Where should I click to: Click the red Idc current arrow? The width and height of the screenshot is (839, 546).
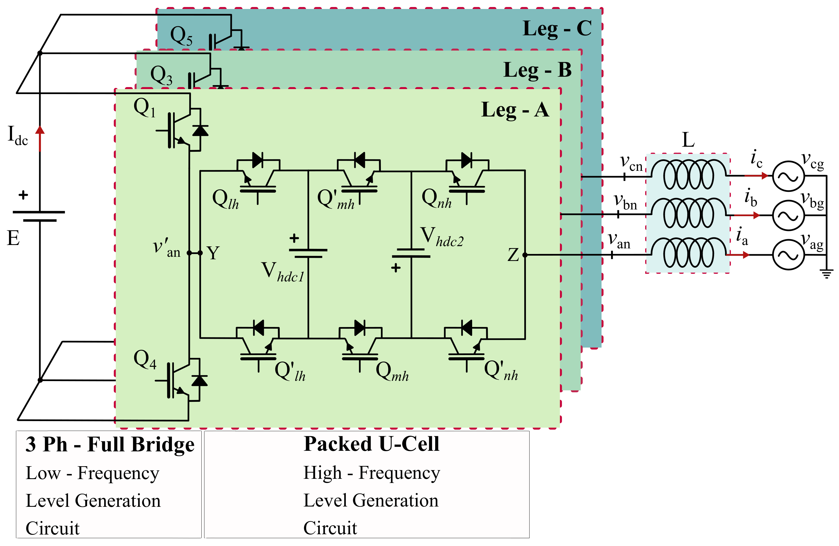pos(40,138)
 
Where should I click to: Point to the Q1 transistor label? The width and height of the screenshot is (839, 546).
pos(144,107)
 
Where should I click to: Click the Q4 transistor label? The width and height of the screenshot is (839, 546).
pos(145,359)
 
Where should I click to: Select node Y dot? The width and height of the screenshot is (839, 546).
pos(200,253)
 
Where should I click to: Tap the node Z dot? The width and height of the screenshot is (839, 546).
pos(525,255)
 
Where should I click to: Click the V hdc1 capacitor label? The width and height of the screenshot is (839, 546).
pos(282,272)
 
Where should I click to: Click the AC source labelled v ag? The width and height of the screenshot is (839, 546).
pos(788,255)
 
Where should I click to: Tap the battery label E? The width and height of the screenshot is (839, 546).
pos(13,238)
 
